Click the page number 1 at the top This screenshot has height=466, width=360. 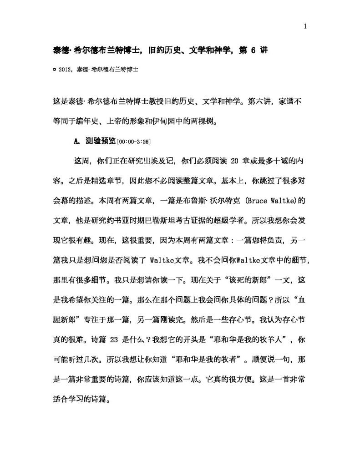coord(305,26)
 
